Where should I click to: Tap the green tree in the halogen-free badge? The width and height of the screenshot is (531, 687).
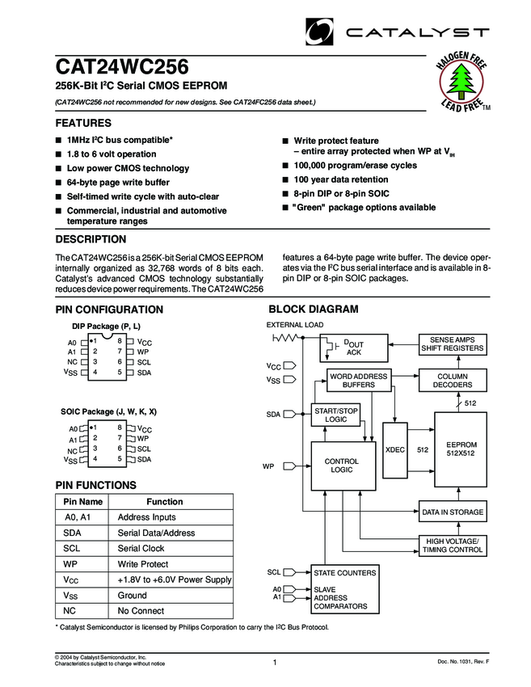(463, 81)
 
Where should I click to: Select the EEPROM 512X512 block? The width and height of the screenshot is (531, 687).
(461, 449)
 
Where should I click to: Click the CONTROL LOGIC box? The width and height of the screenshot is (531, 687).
(341, 466)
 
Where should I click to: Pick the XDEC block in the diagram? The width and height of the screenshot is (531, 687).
(395, 449)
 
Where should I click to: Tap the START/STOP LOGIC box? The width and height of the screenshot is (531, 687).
(335, 415)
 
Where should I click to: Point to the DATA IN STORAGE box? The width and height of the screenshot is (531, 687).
(453, 512)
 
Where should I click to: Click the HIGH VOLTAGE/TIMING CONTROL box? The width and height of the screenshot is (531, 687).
(453, 545)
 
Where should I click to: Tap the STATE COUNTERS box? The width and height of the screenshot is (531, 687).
(345, 572)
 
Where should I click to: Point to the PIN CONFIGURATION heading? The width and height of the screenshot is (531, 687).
(108, 310)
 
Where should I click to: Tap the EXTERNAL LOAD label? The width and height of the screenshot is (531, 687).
(295, 325)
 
